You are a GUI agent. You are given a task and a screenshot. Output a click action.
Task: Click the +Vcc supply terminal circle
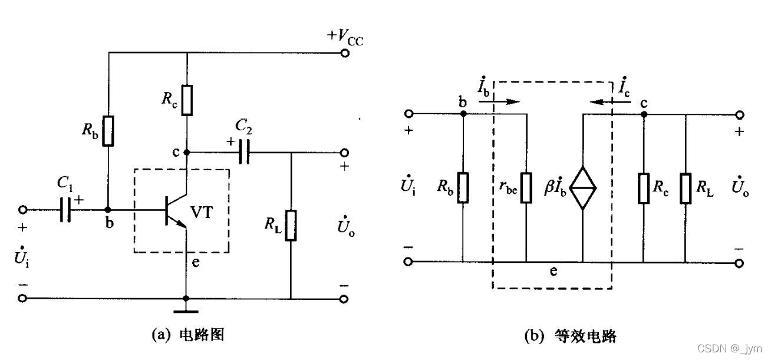pyautogui.click(x=345, y=54)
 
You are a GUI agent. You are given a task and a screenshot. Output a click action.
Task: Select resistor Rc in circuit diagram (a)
pyautogui.click(x=187, y=100)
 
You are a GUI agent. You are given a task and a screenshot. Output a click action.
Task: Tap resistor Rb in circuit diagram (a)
pyautogui.click(x=108, y=131)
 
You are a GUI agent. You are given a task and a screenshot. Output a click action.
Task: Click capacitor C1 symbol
pyautogui.click(x=65, y=210)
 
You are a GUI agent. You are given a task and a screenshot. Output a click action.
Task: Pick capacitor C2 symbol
pyautogui.click(x=244, y=152)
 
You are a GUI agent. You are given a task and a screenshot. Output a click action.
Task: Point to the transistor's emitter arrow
pyautogui.click(x=181, y=223)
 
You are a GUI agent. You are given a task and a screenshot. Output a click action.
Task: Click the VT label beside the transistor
pyautogui.click(x=202, y=212)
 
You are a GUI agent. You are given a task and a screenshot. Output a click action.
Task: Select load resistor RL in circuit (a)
pyautogui.click(x=291, y=226)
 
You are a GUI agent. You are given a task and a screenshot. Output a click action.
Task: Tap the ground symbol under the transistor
pyautogui.click(x=186, y=312)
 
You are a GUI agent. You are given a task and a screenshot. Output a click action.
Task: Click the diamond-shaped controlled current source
pyautogui.click(x=582, y=188)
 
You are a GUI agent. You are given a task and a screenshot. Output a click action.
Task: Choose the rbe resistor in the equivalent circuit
pyautogui.click(x=526, y=188)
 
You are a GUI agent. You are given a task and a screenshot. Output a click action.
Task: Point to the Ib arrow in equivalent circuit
pyautogui.click(x=499, y=101)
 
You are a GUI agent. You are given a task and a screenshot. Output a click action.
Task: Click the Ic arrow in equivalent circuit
pyautogui.click(x=610, y=102)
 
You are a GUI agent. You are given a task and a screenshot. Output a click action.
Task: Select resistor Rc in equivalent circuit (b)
pyautogui.click(x=644, y=189)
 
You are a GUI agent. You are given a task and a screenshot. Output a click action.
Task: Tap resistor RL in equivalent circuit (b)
pyautogui.click(x=686, y=189)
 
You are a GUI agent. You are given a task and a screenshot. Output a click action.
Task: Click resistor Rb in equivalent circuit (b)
pyautogui.click(x=463, y=188)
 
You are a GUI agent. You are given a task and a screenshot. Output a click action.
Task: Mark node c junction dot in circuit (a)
pyautogui.click(x=186, y=152)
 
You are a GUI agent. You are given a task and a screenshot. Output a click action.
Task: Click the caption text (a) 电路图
pyautogui.click(x=188, y=335)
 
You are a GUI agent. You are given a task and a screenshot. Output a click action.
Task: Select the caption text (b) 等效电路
pyautogui.click(x=571, y=336)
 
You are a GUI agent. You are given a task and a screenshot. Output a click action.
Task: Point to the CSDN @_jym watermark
pyautogui.click(x=730, y=348)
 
